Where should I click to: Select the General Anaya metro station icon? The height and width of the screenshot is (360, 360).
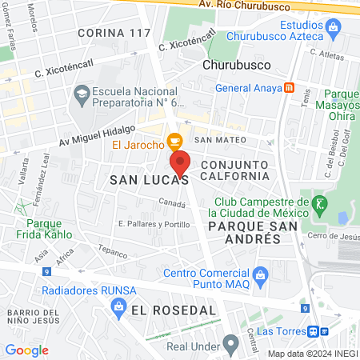click(x=289, y=88)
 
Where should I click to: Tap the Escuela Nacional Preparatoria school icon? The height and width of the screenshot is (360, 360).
click(x=81, y=94)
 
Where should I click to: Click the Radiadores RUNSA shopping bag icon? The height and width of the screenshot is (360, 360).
click(x=118, y=305)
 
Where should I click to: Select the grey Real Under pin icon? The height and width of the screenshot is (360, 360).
click(x=231, y=345)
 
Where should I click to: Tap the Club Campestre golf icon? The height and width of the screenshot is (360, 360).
click(x=320, y=204)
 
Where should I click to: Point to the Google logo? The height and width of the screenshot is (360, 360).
click(x=27, y=350)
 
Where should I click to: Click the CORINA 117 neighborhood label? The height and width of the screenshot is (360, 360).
click(x=113, y=33)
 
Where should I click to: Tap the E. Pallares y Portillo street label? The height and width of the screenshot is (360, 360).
click(x=154, y=224)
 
